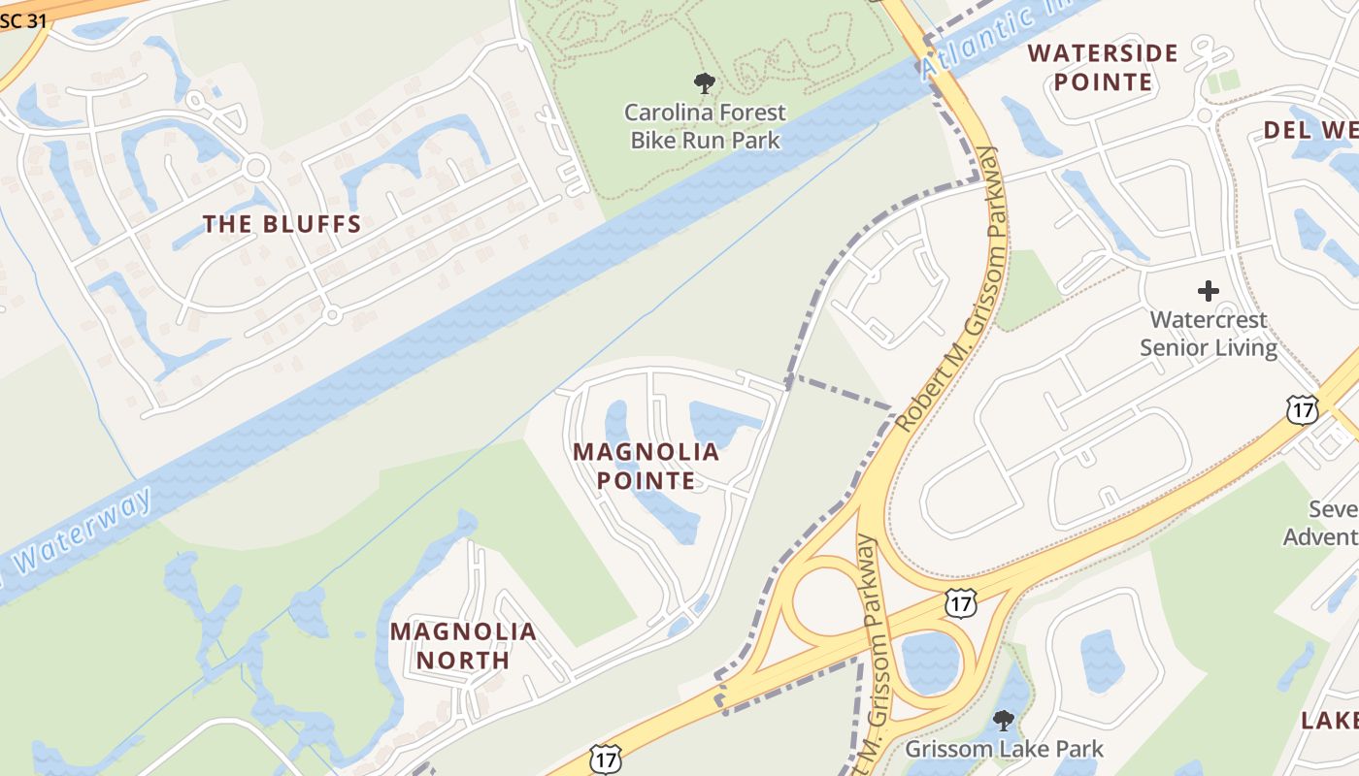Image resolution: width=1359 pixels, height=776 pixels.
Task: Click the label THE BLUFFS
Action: coord(282,224)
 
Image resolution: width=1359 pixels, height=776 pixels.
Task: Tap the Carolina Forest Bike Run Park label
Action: coord(705,126)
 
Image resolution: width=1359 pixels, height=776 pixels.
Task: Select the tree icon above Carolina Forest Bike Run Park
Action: coord(705,83)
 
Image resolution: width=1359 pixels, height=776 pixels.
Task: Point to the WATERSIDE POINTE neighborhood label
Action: coord(1103,67)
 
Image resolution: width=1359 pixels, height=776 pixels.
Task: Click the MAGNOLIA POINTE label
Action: coord(646,466)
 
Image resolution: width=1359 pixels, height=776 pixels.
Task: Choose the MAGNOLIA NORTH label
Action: coord(463,646)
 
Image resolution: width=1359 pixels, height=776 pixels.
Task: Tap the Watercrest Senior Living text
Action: coord(1209,333)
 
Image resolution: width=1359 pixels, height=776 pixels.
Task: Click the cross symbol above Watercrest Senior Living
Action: coord(1209,290)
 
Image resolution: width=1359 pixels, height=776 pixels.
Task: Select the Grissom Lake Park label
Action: coord(1004,749)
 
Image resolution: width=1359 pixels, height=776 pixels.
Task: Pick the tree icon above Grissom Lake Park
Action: coord(1004,721)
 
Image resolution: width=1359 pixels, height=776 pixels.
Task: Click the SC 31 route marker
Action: coord(23,19)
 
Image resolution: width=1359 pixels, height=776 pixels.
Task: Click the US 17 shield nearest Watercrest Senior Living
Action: coord(1302,409)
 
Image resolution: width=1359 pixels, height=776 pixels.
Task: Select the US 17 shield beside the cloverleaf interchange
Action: coord(960,603)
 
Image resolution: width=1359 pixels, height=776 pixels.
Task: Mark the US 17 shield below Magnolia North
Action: coord(606,760)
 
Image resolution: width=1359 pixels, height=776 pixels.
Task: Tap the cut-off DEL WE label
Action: coord(1310,129)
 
